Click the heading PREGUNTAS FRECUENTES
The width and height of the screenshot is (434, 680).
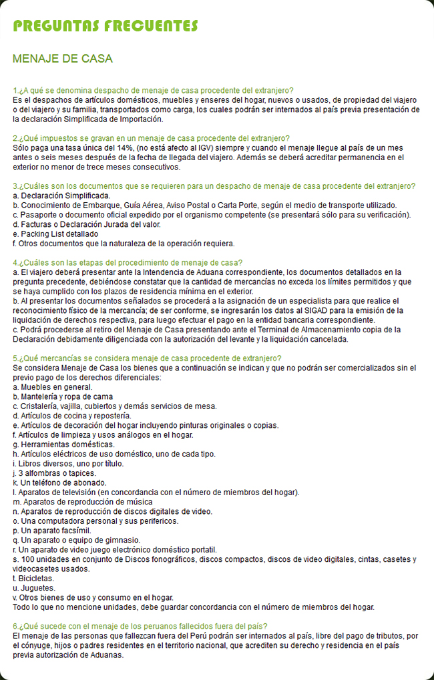(105, 26)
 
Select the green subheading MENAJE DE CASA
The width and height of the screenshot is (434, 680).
(63, 59)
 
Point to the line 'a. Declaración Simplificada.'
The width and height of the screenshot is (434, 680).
(61, 196)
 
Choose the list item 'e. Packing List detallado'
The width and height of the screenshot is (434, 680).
(55, 234)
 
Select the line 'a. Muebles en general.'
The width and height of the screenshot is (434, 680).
(53, 387)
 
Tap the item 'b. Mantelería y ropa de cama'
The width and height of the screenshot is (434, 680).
(63, 396)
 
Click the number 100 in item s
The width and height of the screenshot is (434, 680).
(28, 559)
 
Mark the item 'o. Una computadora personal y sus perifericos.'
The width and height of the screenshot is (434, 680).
(95, 521)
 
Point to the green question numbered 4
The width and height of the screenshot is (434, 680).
(128, 262)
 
